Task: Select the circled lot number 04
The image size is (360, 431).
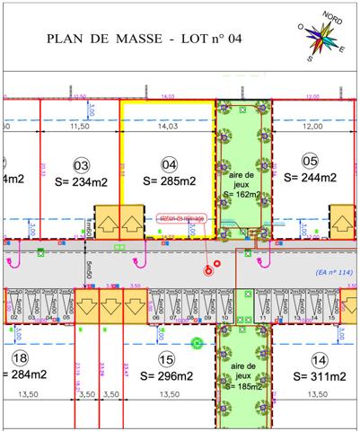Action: pyautogui.click(x=168, y=165)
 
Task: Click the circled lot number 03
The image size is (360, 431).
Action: pyautogui.click(x=82, y=165)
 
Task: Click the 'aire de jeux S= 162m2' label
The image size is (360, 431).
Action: pyautogui.click(x=241, y=180)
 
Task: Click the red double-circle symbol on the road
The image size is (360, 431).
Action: pyautogui.click(x=209, y=267)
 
